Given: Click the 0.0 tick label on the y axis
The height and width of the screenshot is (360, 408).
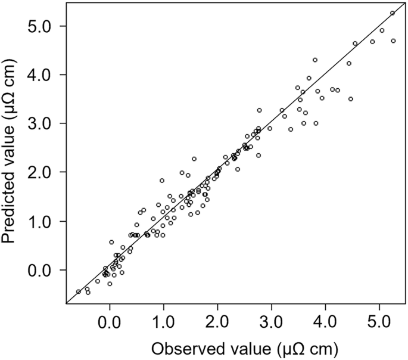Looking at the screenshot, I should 46,270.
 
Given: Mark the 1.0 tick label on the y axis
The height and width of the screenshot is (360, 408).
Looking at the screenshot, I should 46,221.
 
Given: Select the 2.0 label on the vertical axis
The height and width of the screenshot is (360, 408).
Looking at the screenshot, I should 46,172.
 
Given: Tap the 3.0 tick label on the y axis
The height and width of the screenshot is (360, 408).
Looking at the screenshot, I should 46,123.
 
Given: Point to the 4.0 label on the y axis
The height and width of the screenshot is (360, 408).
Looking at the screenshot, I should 46,75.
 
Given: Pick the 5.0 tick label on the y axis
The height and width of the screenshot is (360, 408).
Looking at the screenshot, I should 46,26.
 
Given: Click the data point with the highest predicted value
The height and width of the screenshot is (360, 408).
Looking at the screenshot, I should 393,13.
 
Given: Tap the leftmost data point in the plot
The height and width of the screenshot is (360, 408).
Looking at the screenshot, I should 79,291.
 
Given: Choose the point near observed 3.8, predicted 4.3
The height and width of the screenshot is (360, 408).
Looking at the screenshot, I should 315,60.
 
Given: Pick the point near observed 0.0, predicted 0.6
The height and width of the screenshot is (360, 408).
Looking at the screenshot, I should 111,242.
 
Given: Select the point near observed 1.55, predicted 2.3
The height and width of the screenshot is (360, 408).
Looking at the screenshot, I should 194,159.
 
